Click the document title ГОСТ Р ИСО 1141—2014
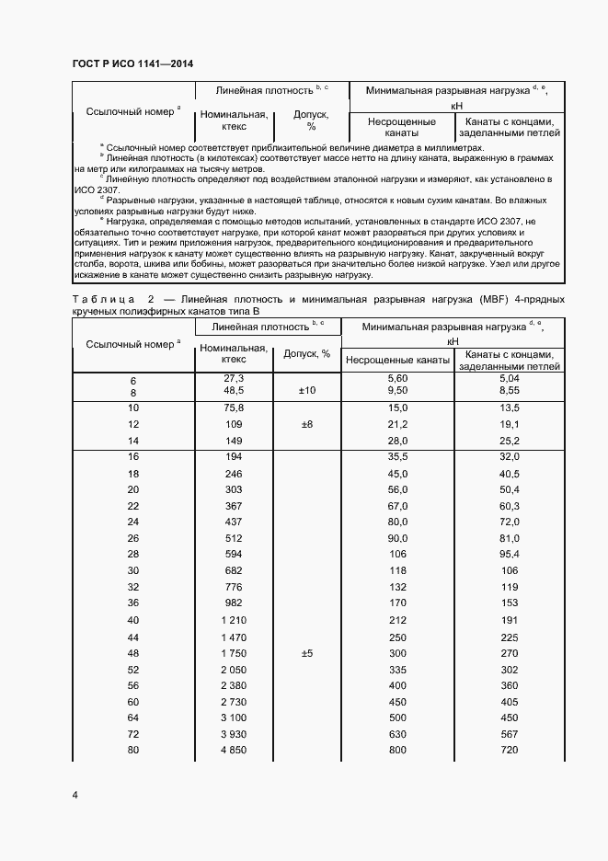[132, 63]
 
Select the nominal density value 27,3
[234, 378]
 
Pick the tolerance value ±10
[306, 391]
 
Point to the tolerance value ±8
[306, 424]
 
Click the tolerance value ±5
[306, 653]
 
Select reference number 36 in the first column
[132, 603]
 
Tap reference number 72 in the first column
[132, 735]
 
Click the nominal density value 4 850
[234, 752]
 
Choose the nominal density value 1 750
[234, 653]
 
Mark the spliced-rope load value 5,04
[509, 378]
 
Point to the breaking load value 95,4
[509, 554]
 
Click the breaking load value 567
[509, 735]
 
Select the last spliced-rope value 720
[509, 752]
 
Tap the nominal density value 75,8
[234, 408]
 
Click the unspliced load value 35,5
[397, 456]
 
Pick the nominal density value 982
[234, 603]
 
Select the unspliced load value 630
[397, 735]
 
